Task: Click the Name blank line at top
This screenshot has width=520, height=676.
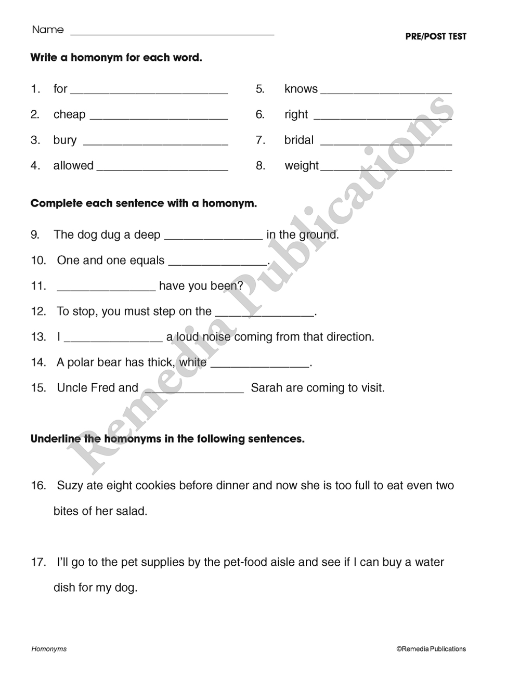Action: pos(172,33)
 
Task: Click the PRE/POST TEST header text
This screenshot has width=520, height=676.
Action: pos(436,36)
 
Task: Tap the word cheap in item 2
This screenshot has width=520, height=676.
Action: pos(69,114)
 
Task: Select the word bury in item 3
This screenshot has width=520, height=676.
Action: pos(64,140)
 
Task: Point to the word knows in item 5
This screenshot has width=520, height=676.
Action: pos(301,89)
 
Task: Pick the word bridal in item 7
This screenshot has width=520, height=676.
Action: pos(299,140)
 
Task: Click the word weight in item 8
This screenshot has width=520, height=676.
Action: pos(302,166)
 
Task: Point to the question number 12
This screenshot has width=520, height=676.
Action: pos(38,311)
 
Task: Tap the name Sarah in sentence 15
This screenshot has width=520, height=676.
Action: pos(266,388)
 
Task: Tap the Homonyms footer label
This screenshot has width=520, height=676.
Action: pos(49,649)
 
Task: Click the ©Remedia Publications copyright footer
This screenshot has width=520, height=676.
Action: pos(431,649)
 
